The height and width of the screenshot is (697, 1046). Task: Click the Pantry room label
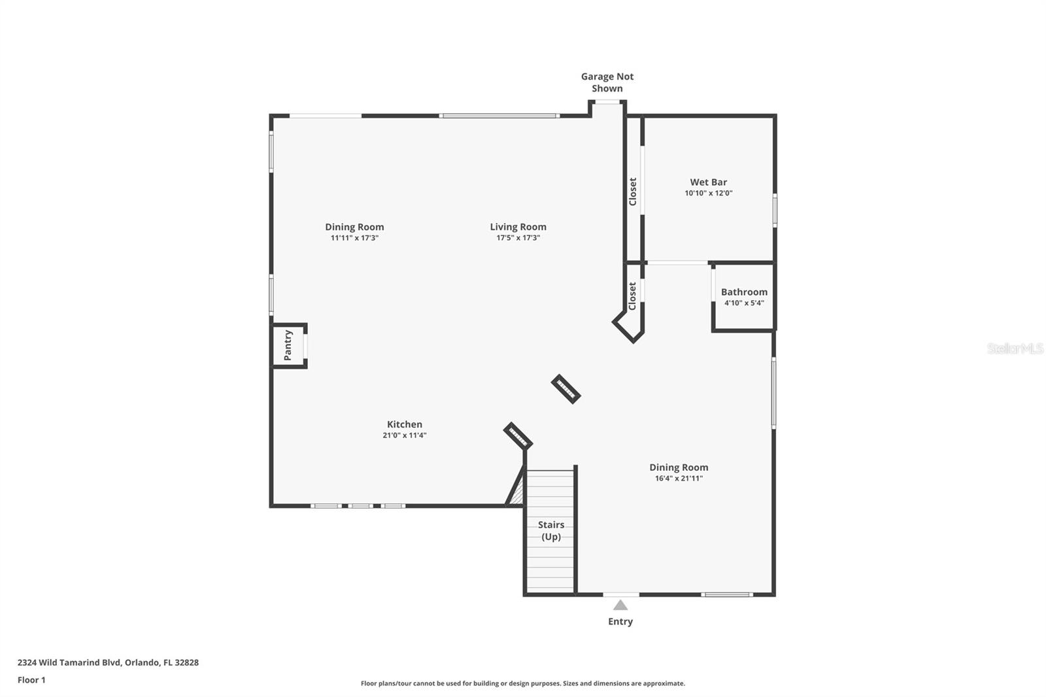point(288,345)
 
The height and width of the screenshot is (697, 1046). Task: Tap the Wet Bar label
point(708,182)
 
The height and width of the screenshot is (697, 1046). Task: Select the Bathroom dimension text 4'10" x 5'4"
point(744,303)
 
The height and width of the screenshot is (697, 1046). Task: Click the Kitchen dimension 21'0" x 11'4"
point(405,435)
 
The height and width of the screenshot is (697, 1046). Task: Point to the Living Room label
point(518,227)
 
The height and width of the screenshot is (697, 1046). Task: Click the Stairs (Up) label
point(550,530)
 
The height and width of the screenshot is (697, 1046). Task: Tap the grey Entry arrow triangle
point(620,605)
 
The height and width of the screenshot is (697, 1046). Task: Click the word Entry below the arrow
point(620,622)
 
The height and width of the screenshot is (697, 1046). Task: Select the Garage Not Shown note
point(607,82)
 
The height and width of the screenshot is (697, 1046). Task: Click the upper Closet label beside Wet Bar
point(633,192)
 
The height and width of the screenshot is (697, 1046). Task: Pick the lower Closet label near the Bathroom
point(632,296)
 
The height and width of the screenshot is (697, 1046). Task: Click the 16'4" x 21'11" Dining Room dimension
point(679,479)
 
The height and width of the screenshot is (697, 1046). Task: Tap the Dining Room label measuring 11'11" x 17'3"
point(354,227)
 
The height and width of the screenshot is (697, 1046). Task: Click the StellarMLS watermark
point(1015,349)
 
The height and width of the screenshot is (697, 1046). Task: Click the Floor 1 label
point(31,680)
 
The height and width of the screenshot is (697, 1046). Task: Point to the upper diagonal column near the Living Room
point(566,389)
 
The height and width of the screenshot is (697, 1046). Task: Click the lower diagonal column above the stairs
point(518,436)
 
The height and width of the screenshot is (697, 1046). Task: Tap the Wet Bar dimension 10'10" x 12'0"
point(708,194)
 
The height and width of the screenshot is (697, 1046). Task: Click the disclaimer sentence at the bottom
point(523,684)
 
